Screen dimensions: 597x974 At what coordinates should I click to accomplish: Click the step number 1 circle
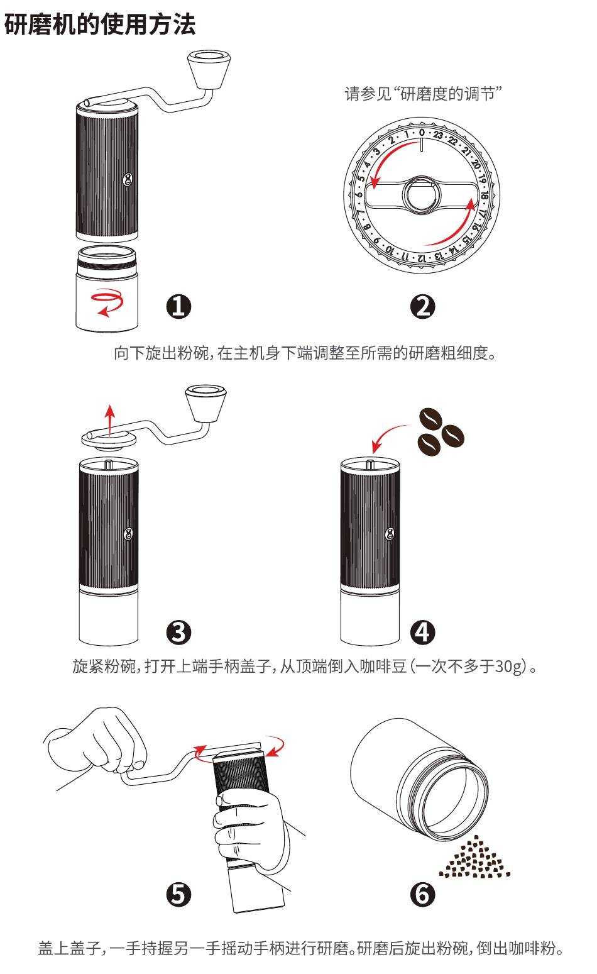178,307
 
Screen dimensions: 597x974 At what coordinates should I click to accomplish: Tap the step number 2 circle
422,307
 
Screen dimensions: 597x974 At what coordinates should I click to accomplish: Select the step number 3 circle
178,632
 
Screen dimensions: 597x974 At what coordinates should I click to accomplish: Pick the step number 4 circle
422,632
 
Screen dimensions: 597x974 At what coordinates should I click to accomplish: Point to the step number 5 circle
178,894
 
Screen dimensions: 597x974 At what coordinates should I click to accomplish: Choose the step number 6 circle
422,894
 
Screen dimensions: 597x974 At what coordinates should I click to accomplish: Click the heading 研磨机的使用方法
99,24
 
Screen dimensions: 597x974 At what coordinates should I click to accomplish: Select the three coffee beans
441,431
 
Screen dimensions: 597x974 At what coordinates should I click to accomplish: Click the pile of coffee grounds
474,856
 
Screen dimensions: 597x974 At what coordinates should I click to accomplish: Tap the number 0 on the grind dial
422,133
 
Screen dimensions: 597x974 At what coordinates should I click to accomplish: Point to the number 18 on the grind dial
485,195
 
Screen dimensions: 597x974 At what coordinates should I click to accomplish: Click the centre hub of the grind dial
421,195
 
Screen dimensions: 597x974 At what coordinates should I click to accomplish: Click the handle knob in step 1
209,70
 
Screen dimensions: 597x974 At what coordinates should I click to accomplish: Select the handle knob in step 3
205,404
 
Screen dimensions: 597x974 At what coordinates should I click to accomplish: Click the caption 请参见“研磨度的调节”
423,94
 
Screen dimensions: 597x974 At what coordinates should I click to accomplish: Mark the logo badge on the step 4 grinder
390,534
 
